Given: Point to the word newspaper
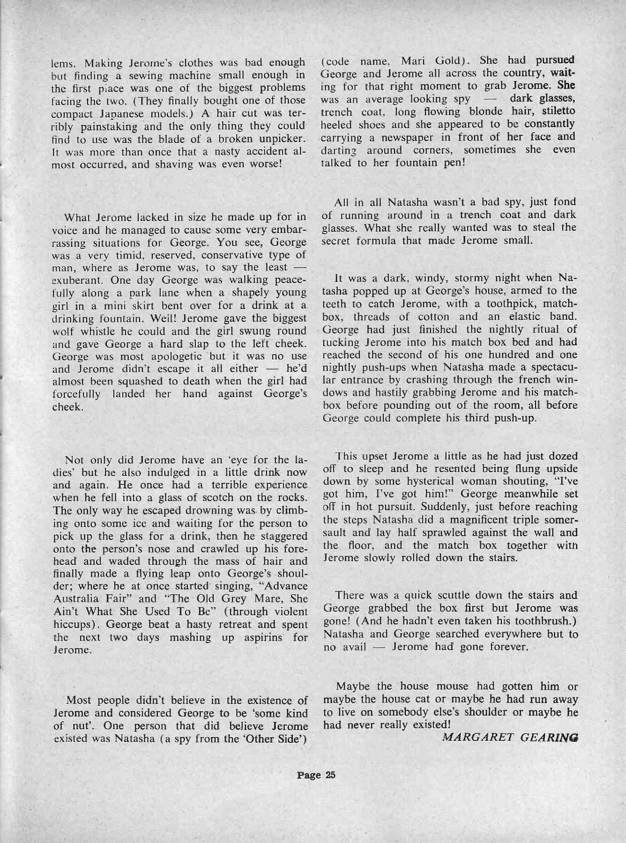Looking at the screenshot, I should tap(402, 137).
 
